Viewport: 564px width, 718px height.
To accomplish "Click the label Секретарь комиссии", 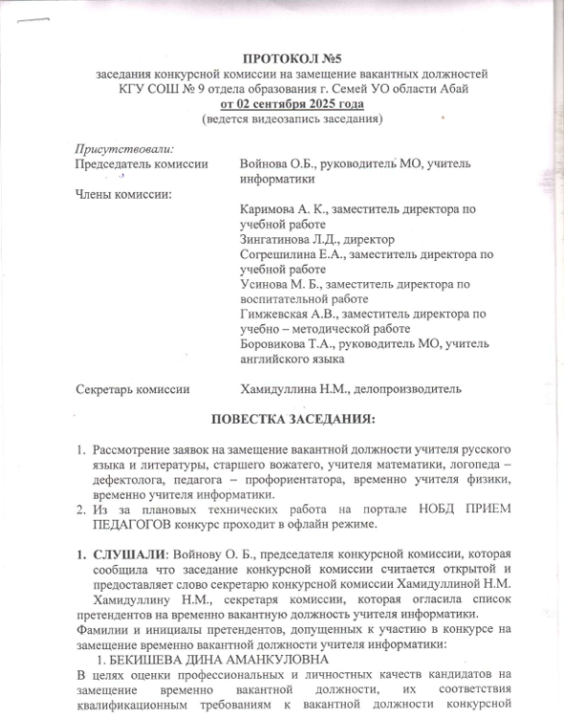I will pyautogui.click(x=132, y=389).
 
